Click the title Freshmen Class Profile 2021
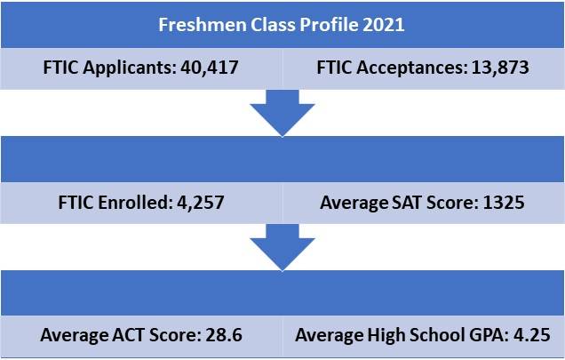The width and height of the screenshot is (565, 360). tap(282, 24)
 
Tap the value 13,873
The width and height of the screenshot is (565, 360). tap(498, 68)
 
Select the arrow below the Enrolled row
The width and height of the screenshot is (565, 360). tap(282, 248)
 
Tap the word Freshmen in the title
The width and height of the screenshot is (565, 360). tap(196, 24)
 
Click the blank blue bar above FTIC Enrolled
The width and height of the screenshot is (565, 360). tap(282, 160)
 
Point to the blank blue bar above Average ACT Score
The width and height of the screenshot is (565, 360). tap(282, 294)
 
